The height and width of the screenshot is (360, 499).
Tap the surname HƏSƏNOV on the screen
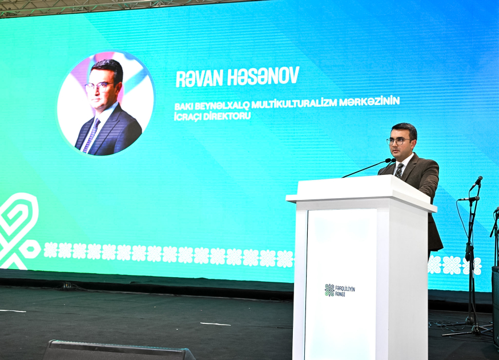pyautogui.click(x=263, y=76)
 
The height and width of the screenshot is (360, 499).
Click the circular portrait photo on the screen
pyautogui.click(x=106, y=103)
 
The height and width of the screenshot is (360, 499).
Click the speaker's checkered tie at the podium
pyautogui.click(x=399, y=170)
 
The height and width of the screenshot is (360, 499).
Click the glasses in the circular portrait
pyautogui.click(x=99, y=87)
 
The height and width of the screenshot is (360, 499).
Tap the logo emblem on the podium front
pyautogui.click(x=329, y=290)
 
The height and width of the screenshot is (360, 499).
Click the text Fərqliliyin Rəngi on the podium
pyautogui.click(x=345, y=291)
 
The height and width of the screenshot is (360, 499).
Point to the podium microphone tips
pyautogui.click(x=391, y=160)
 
